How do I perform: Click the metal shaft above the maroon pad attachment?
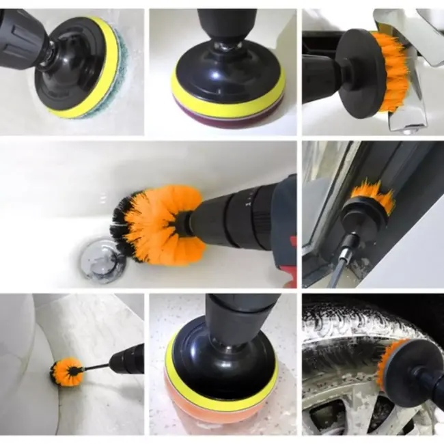point(223,46)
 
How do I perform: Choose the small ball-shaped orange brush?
point(66,373)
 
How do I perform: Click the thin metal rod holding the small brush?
point(96,367)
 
